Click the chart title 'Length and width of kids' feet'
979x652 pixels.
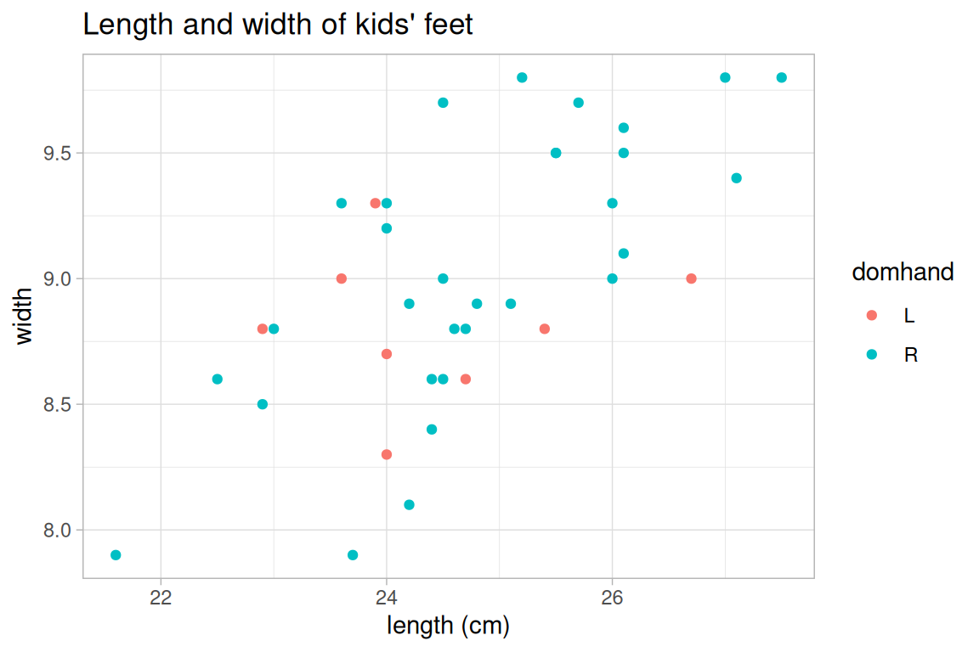tap(277, 25)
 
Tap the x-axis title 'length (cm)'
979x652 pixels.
tap(448, 627)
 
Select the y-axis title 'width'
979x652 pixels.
tap(24, 316)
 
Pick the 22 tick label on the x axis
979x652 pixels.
tap(161, 598)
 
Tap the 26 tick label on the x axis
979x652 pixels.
tap(612, 598)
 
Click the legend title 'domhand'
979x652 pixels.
tap(903, 272)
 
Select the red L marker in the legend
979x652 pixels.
tap(871, 316)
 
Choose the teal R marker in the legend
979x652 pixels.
tap(871, 354)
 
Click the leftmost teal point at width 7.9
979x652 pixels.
tap(116, 555)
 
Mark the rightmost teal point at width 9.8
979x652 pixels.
tap(781, 77)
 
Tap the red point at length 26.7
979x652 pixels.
tap(691, 278)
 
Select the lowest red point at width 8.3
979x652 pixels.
tap(387, 454)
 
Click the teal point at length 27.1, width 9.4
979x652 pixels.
tap(736, 178)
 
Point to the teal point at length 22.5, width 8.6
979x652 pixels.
tap(217, 379)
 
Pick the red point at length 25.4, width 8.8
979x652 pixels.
tap(545, 329)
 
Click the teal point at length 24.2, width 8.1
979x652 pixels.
tap(409, 504)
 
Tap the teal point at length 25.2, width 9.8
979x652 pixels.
tap(522, 77)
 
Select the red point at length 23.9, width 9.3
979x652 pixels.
tap(376, 203)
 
